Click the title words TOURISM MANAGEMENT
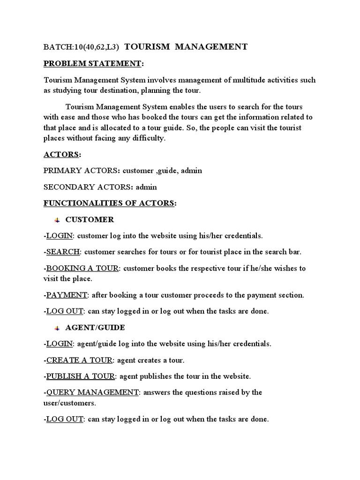click(186, 46)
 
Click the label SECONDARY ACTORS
click(87, 187)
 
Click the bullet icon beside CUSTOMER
click(57, 220)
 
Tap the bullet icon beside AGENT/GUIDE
click(57, 328)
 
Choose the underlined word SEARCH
click(63, 252)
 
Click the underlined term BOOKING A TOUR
click(82, 268)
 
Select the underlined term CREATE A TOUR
click(79, 360)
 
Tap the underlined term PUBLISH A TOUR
click(80, 376)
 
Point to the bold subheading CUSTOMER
click(90, 219)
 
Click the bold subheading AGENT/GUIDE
click(95, 328)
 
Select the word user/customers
click(69, 403)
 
